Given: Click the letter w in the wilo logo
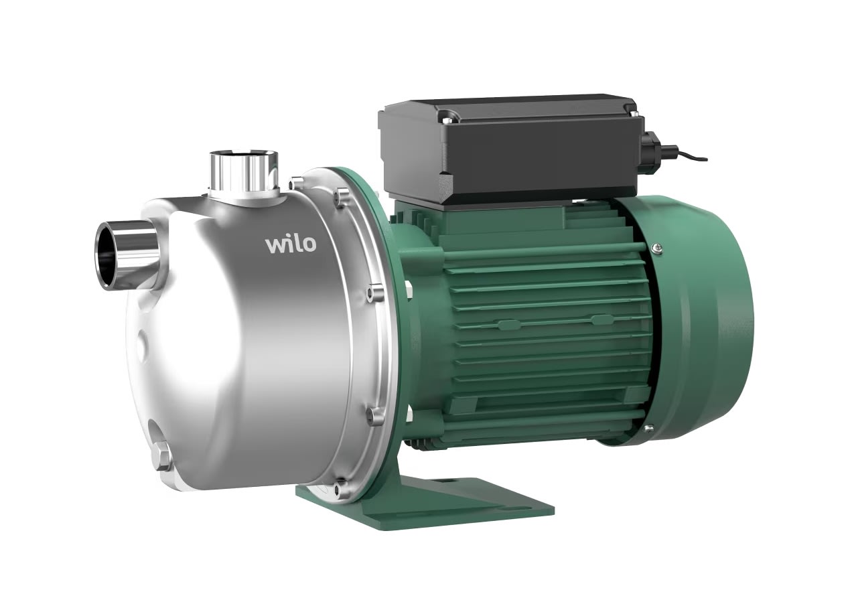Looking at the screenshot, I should click(275, 244).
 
